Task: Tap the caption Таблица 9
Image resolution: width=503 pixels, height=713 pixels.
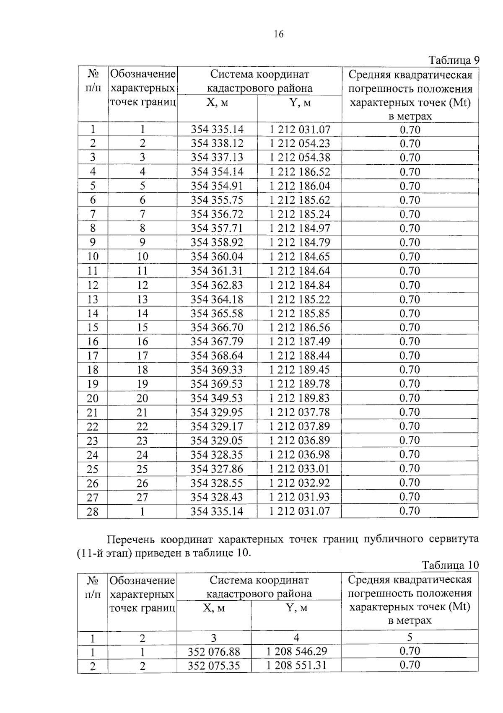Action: click(x=453, y=60)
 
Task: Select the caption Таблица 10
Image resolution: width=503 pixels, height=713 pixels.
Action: click(x=450, y=565)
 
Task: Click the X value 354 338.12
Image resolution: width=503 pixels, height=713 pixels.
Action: click(x=217, y=143)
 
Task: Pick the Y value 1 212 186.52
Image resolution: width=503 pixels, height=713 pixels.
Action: click(x=300, y=171)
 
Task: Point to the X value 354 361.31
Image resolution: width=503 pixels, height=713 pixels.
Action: click(x=217, y=271)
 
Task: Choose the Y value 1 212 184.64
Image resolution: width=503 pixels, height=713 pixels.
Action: click(x=300, y=271)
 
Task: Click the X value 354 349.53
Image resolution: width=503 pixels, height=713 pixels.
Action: click(x=217, y=398)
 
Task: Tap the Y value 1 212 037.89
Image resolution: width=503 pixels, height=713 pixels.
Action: click(x=300, y=426)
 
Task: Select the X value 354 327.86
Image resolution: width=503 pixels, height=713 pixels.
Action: click(x=217, y=469)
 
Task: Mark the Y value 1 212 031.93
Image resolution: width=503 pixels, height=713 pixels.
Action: click(x=300, y=497)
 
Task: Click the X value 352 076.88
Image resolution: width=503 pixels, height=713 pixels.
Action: click(x=214, y=652)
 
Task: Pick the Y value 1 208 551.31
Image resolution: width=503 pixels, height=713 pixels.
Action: click(x=297, y=666)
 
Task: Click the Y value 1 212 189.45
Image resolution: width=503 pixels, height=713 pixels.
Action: click(x=300, y=370)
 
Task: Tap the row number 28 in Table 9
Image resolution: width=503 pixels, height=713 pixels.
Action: click(x=93, y=512)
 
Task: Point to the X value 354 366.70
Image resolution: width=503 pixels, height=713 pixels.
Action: click(x=217, y=327)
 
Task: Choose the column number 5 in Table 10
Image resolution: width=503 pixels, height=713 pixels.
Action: click(x=410, y=638)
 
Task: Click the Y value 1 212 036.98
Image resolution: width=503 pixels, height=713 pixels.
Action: click(x=300, y=455)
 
